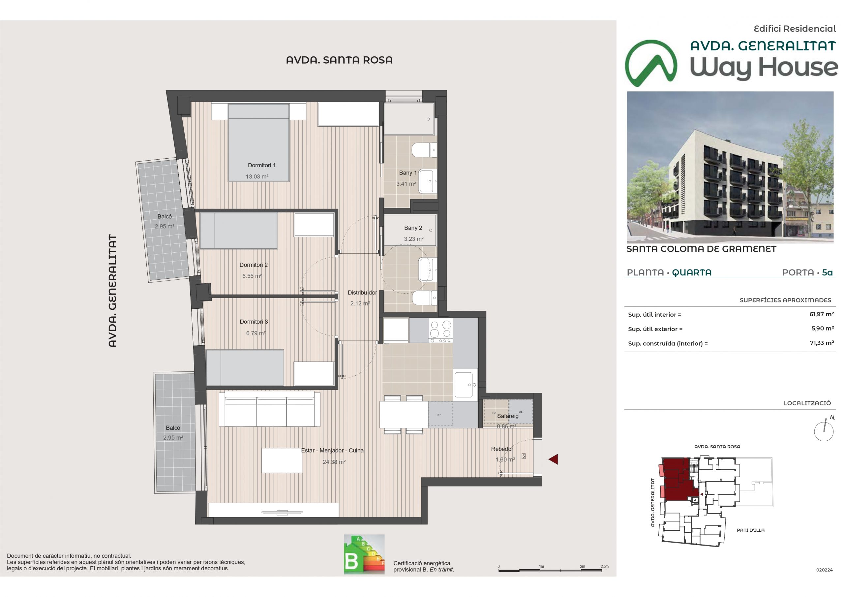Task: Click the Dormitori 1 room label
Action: point(261,166)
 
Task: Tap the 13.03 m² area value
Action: point(257,176)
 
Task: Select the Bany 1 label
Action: point(408,173)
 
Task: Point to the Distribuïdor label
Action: point(362,293)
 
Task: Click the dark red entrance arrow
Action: point(553,459)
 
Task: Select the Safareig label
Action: point(508,416)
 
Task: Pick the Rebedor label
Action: point(502,449)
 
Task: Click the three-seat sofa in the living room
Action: point(269,409)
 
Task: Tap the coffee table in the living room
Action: point(282,460)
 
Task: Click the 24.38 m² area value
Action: point(334,462)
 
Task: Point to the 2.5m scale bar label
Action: point(604,566)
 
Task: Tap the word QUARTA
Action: point(691,272)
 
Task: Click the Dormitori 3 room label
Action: point(254,322)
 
